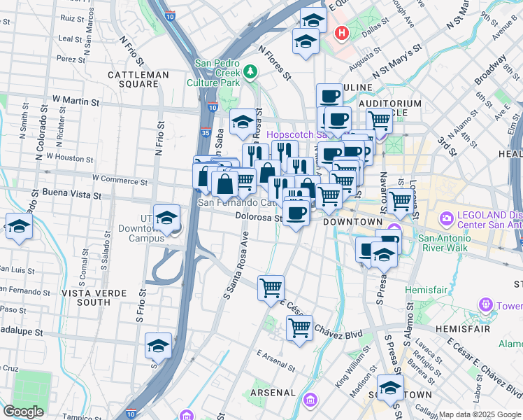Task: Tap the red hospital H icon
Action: click(341, 33)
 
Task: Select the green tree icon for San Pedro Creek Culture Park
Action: click(250, 71)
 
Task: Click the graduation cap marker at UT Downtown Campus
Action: click(167, 219)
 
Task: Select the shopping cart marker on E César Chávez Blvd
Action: click(299, 328)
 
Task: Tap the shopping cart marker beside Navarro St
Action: click(401, 202)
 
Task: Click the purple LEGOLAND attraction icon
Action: click(445, 220)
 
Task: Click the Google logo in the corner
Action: click(23, 411)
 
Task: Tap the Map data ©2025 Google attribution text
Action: click(480, 414)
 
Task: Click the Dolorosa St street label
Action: click(258, 218)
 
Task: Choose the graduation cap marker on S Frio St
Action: click(158, 346)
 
